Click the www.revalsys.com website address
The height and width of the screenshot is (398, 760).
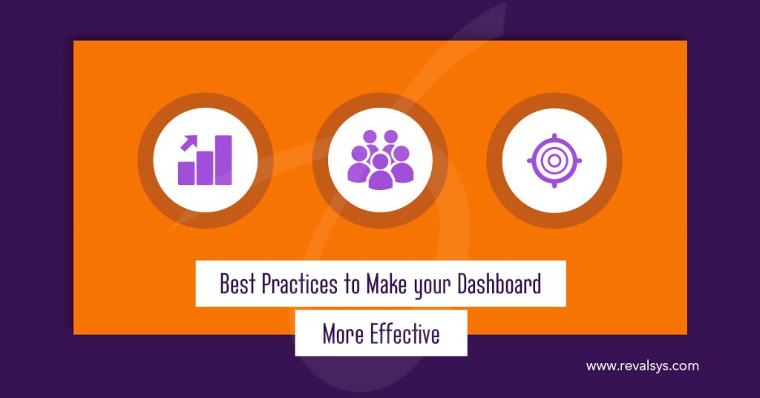click(x=642, y=366)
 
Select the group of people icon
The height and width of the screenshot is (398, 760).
click(x=380, y=160)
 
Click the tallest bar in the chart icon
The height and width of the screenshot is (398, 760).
click(x=223, y=160)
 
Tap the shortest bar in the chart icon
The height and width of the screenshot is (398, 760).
click(x=186, y=173)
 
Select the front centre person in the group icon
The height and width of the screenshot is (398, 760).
click(x=380, y=172)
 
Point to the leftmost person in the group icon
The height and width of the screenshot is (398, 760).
click(x=358, y=165)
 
